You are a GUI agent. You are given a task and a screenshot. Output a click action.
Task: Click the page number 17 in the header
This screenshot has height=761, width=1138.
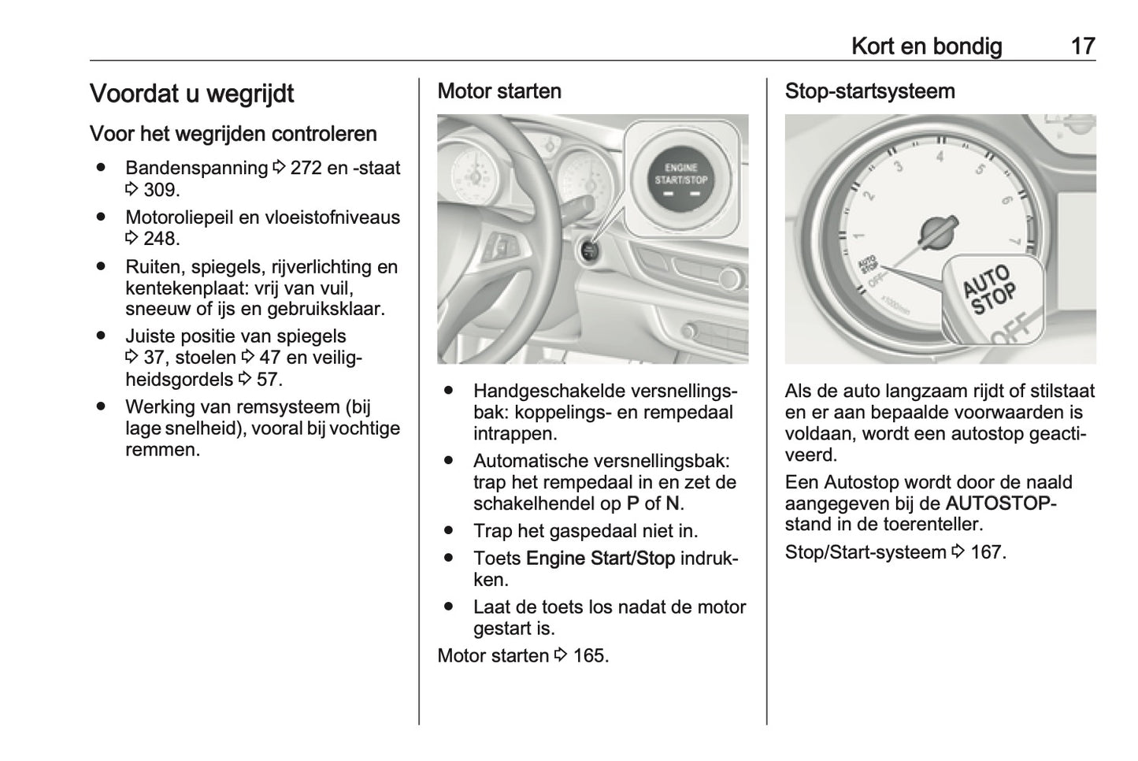point(1082,46)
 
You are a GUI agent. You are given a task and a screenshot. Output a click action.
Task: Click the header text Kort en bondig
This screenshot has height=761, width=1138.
point(926,46)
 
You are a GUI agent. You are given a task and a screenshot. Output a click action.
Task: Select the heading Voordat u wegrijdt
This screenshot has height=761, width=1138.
point(191,94)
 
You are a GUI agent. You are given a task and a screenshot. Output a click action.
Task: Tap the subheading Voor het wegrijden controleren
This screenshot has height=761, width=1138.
point(233,134)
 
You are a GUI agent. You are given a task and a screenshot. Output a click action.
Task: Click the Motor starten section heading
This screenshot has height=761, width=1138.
point(499,91)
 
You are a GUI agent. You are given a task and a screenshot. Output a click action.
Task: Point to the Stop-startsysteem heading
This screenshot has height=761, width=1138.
point(869,91)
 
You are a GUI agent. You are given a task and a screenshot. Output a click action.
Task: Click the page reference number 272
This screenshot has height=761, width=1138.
point(306,169)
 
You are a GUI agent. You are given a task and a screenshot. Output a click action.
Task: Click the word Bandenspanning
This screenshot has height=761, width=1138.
point(196,169)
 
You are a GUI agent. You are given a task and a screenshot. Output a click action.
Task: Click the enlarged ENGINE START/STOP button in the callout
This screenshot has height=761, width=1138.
point(681,180)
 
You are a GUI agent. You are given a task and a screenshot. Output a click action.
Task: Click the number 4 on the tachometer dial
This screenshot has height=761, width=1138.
point(939,156)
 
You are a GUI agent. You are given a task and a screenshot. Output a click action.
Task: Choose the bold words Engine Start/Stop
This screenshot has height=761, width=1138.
point(600,559)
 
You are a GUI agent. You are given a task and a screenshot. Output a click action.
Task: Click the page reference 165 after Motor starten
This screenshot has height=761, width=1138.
point(589,656)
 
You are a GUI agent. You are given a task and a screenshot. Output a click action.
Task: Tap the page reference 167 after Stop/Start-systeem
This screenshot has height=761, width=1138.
point(986,552)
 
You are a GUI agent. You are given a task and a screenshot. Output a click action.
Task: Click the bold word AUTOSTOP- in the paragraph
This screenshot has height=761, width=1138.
point(1000,503)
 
